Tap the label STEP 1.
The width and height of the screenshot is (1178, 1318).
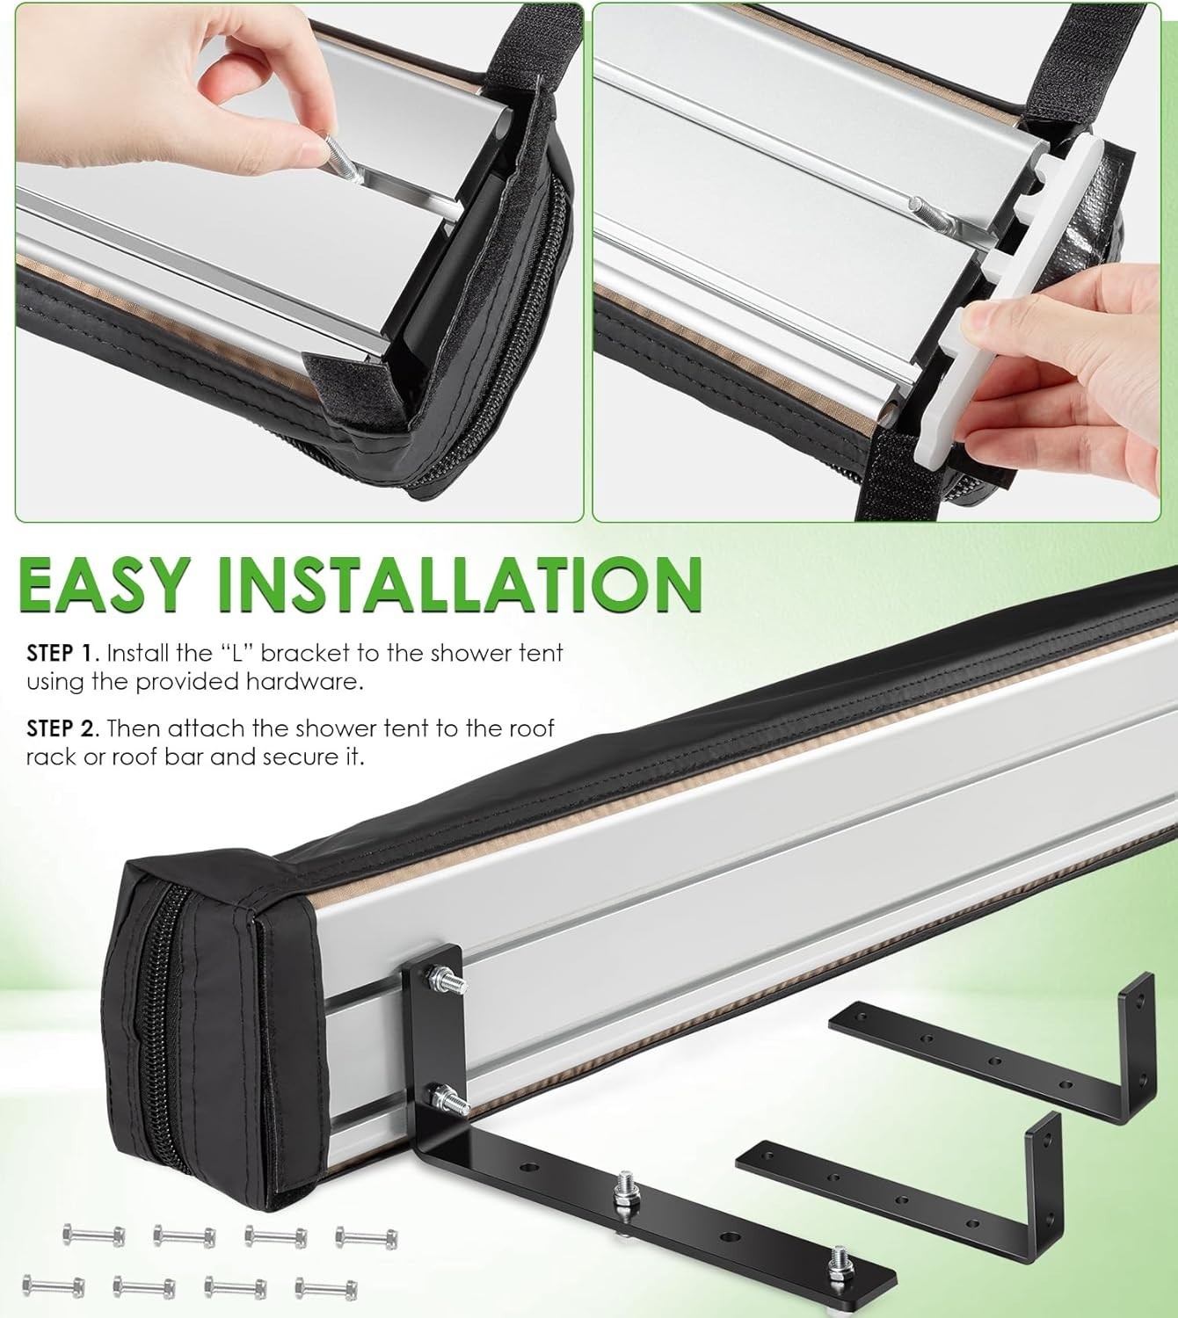click(62, 653)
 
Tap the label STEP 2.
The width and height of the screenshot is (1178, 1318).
click(62, 728)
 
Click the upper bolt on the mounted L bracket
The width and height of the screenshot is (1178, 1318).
click(447, 980)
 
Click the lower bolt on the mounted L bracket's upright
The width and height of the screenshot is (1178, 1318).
click(450, 1098)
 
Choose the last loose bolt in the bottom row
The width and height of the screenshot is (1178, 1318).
click(325, 1286)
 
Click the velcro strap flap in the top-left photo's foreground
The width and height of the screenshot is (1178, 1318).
click(353, 389)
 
